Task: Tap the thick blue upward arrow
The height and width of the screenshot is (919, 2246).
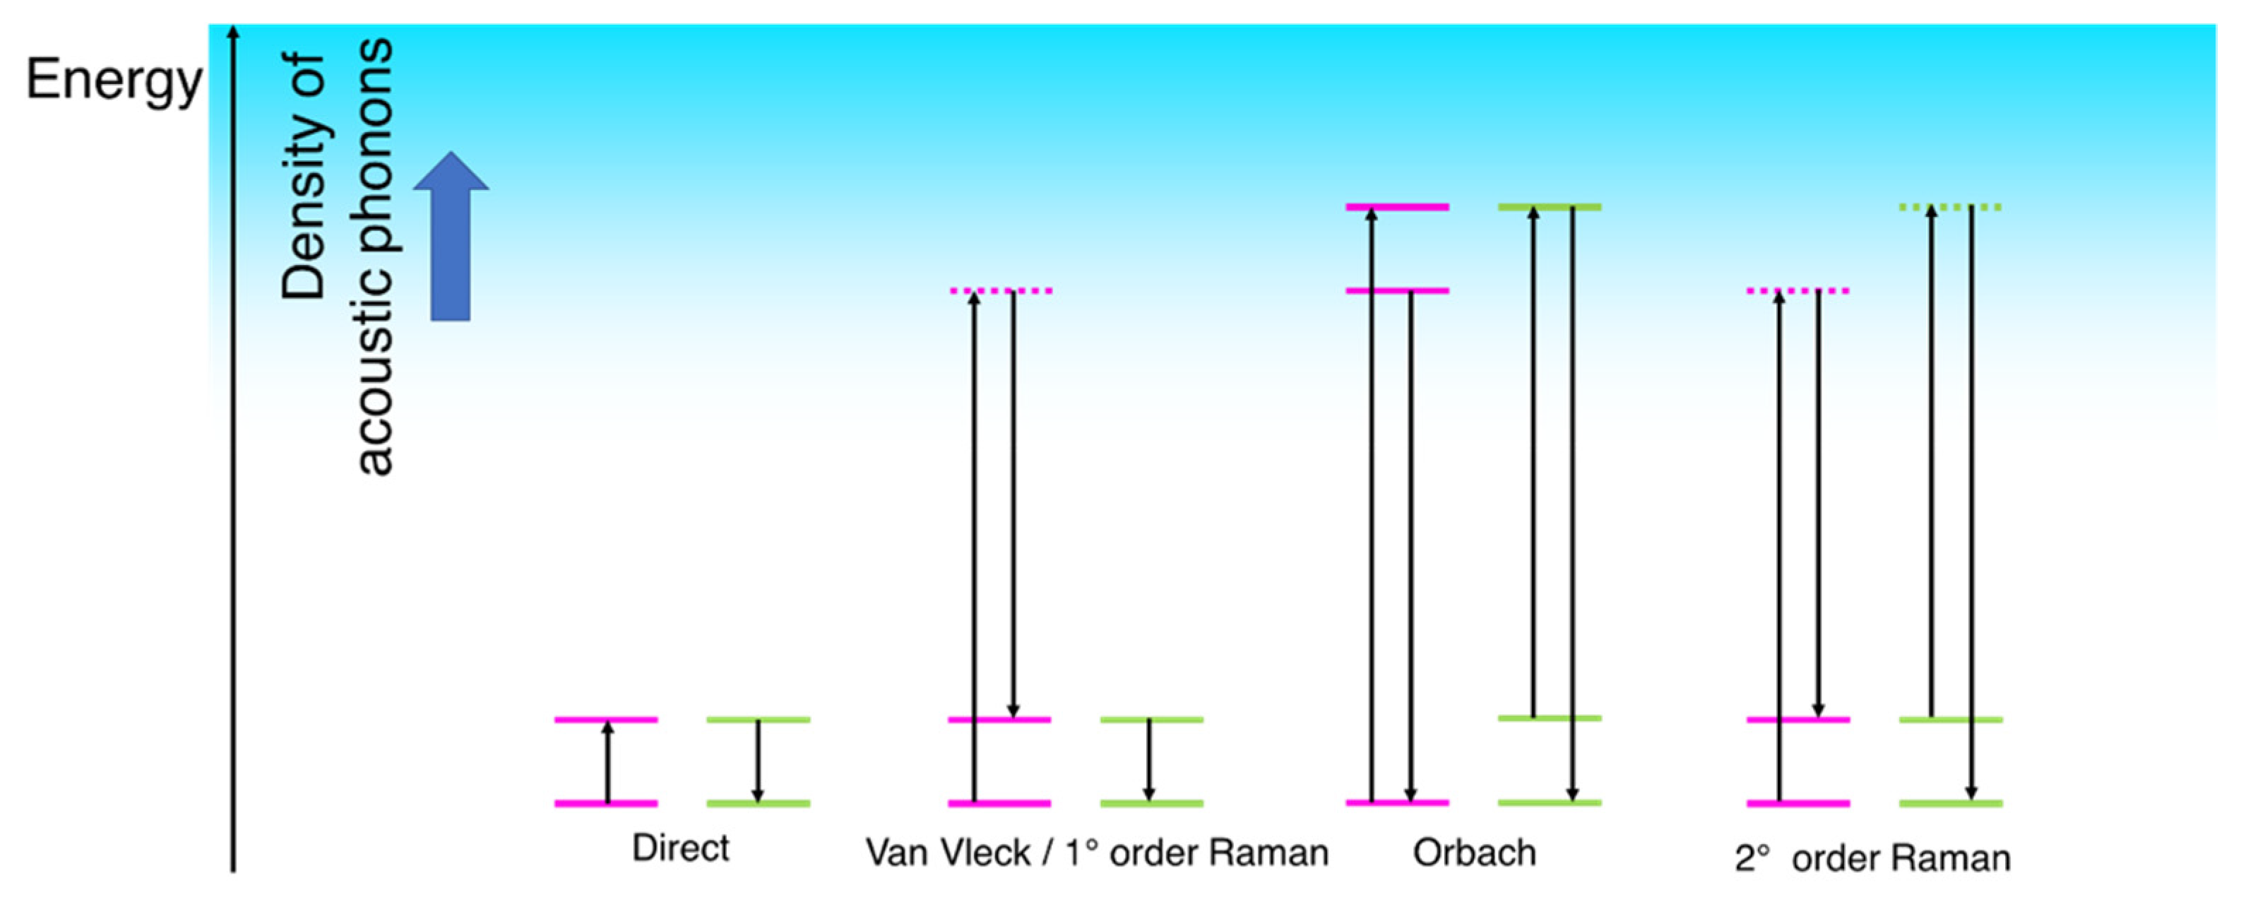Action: click(451, 235)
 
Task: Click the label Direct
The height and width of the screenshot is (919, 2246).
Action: click(680, 848)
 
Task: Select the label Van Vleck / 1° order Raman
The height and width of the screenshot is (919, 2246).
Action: click(1097, 853)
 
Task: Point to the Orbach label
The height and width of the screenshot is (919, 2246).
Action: click(1474, 853)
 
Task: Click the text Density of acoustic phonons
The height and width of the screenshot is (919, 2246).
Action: click(337, 257)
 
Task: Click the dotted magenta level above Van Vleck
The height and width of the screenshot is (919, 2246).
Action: click(1001, 290)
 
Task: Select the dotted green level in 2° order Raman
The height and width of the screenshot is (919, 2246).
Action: click(1951, 208)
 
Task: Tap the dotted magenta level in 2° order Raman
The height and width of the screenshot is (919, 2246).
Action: click(1798, 290)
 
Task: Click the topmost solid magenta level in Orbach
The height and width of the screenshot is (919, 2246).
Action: click(1398, 208)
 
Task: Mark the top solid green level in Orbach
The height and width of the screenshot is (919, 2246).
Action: click(1550, 208)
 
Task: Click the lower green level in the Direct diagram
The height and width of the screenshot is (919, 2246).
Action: click(758, 803)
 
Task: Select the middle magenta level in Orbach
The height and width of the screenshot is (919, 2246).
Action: click(1398, 290)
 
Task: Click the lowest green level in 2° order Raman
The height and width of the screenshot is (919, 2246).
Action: click(1951, 803)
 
